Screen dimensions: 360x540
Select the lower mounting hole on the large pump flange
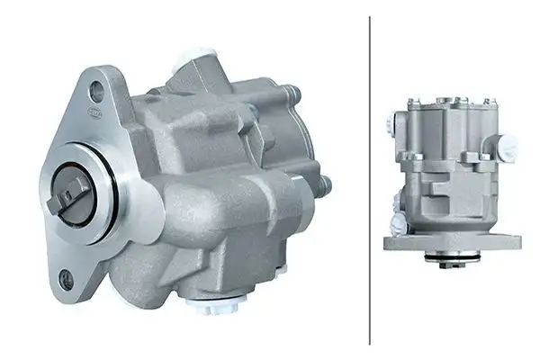point(66,281)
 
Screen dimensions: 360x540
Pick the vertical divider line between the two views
point(370,180)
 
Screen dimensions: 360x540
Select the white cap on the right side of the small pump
point(508,145)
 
